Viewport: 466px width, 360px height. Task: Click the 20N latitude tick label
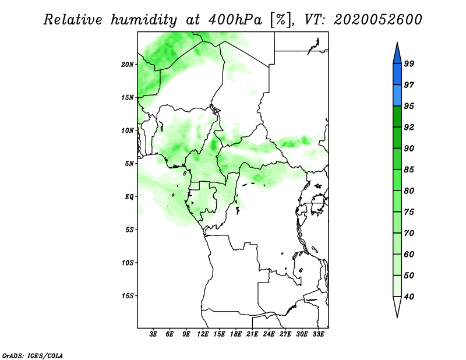click(128, 65)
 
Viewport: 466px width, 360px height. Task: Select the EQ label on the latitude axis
click(129, 197)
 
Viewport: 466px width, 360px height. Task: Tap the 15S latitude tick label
click(128, 296)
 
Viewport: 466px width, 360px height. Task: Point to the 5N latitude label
click(129, 164)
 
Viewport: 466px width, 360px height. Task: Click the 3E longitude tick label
click(153, 334)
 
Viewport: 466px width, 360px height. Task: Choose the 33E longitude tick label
click(318, 334)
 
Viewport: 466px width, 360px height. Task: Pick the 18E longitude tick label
click(236, 334)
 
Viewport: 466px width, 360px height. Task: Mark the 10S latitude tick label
click(128, 263)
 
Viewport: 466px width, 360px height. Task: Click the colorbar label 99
click(409, 63)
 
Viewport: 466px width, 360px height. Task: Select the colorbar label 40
click(409, 297)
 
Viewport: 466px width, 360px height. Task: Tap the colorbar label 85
click(409, 170)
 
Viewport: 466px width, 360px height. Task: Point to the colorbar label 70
click(409, 233)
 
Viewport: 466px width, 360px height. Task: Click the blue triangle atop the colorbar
click(397, 55)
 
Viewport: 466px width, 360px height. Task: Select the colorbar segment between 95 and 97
click(397, 96)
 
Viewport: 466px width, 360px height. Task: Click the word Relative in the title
click(72, 20)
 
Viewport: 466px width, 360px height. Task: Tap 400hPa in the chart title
click(235, 20)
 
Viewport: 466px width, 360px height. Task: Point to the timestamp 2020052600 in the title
click(377, 20)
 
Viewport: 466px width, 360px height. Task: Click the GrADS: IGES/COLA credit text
click(33, 355)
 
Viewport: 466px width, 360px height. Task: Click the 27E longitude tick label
click(285, 334)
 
